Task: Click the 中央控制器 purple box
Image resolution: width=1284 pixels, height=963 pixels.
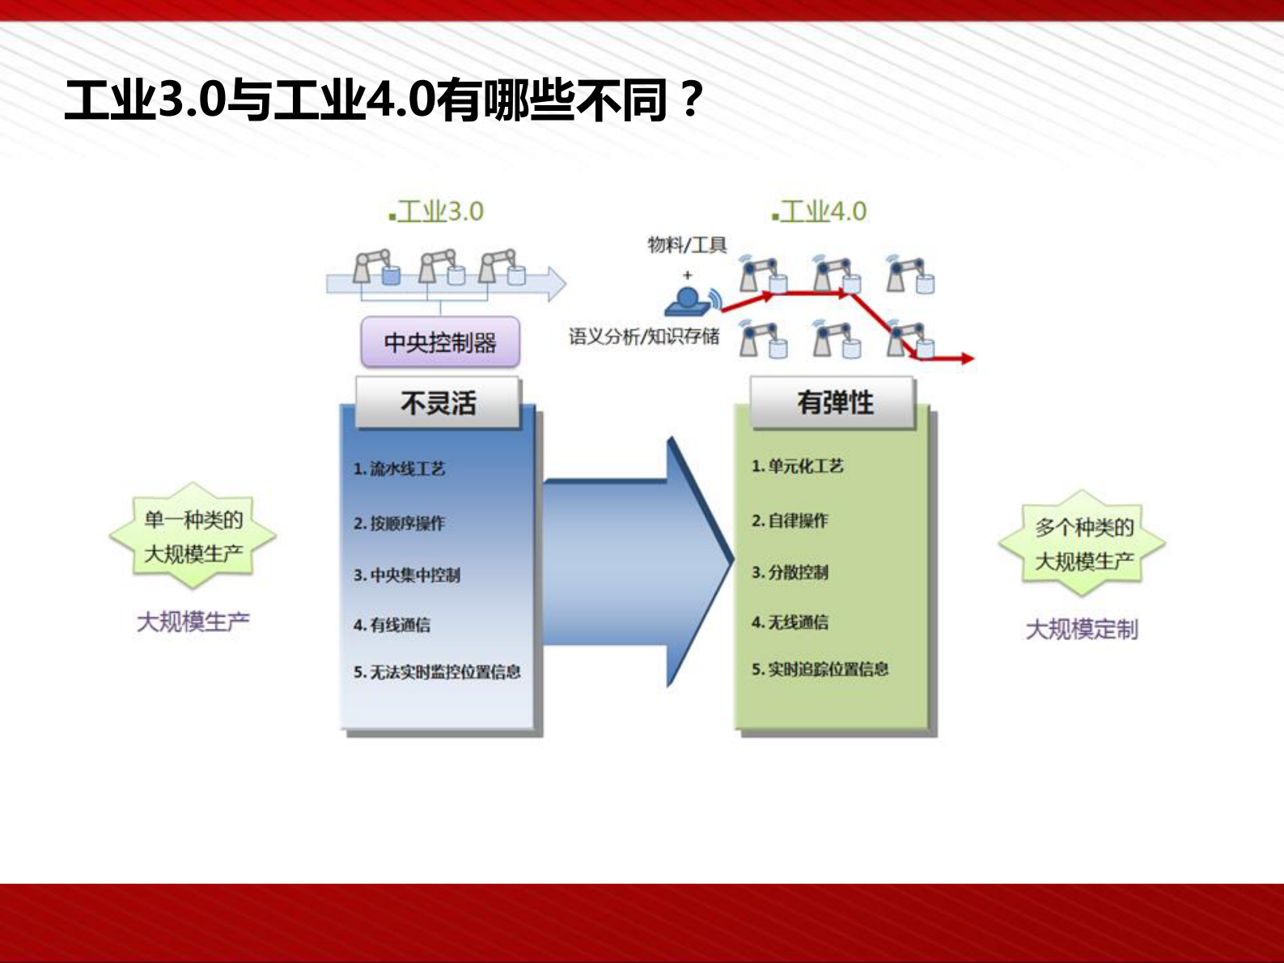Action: coord(439,342)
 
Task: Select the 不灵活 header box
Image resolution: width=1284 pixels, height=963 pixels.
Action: coord(438,402)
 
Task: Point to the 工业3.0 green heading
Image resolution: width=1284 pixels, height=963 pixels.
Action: coord(437,212)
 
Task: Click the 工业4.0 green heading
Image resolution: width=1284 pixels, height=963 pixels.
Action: coord(820,212)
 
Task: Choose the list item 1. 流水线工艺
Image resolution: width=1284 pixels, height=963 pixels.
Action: coord(399,469)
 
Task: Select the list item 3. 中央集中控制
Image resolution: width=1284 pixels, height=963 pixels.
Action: coord(406,575)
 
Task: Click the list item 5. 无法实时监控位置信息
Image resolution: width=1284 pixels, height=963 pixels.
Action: coord(437,672)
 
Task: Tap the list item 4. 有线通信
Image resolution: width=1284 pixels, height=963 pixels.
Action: coord(392,625)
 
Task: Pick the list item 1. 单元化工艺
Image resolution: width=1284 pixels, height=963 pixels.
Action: coord(797,466)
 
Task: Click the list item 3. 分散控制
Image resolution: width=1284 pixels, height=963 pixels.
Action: coord(790,572)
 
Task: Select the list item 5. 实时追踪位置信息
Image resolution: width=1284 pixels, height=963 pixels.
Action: coord(820,669)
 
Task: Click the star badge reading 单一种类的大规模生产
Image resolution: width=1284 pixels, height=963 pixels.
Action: coord(193,536)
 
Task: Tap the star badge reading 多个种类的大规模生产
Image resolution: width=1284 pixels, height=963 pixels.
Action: coord(1083,544)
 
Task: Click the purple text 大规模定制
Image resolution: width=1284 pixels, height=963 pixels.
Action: coord(1082,629)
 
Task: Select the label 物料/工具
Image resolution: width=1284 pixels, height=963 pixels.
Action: coord(687,244)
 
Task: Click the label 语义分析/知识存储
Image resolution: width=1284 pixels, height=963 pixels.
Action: coord(643,336)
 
